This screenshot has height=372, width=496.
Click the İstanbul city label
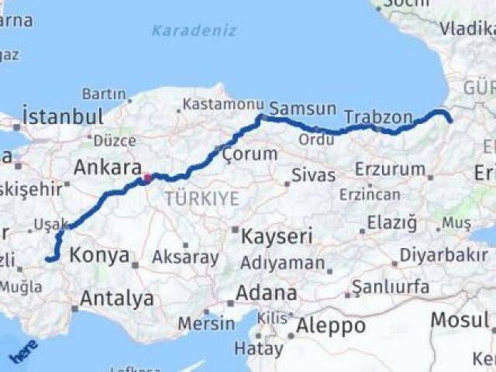point(63,117)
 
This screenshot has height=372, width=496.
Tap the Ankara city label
point(107,167)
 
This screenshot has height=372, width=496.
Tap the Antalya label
point(116,298)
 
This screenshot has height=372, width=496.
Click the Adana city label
point(267,294)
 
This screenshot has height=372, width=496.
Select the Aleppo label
point(330,325)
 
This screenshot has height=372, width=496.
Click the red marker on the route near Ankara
point(147,177)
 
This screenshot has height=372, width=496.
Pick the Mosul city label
point(460,319)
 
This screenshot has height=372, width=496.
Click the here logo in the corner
point(22,353)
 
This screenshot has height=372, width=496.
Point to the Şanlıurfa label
point(391,288)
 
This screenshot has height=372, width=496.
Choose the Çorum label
point(250,153)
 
